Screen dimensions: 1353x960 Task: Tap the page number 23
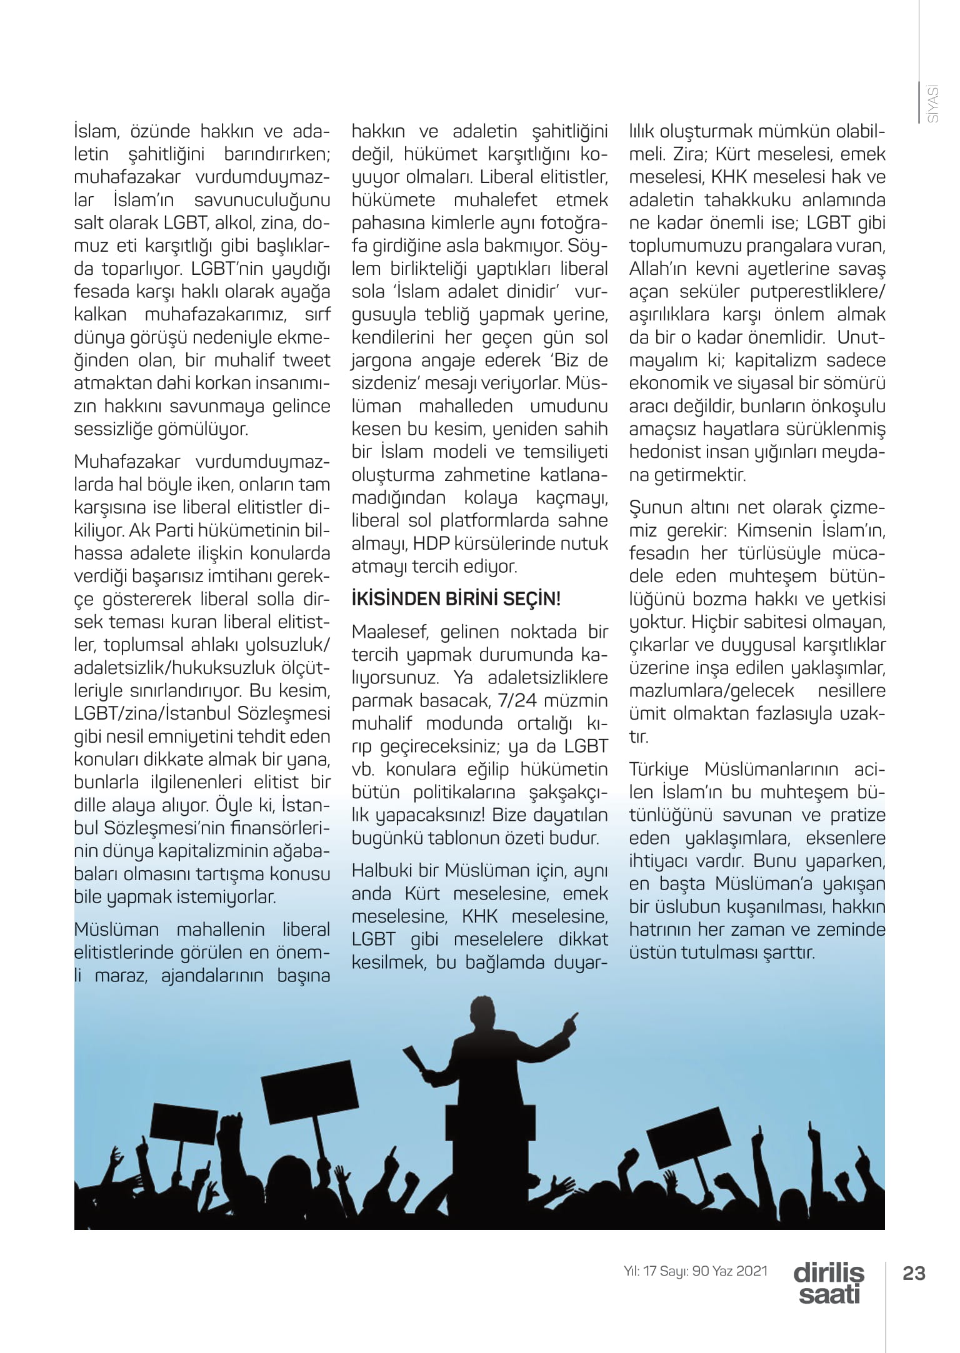(x=914, y=1273)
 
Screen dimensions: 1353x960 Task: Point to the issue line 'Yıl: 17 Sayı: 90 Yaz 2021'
(x=696, y=1271)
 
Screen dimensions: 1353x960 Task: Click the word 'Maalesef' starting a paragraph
(x=390, y=632)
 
